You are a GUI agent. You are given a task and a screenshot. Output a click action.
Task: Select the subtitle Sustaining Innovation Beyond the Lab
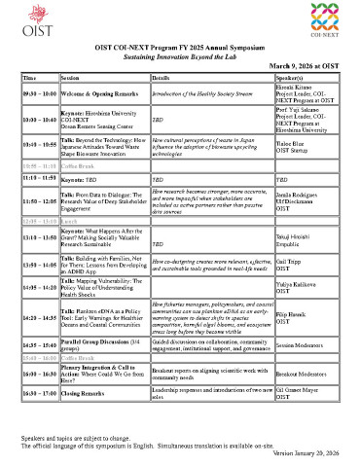[x=180, y=57]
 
